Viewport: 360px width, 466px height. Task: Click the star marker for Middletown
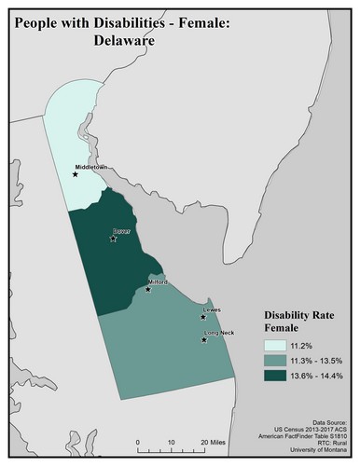75,172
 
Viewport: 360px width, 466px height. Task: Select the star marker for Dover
113,239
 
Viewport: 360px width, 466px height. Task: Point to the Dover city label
122,231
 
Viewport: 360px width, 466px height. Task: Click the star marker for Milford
148,290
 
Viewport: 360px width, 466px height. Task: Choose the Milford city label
157,281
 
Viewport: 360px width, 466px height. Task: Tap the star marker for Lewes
202,317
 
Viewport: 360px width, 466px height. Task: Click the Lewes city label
213,309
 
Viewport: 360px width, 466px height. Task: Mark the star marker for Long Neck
203,340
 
